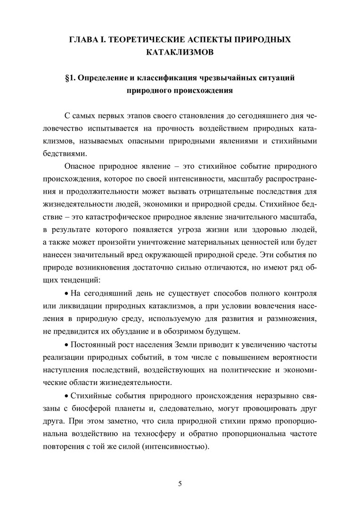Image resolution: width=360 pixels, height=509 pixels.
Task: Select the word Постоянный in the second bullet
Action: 92,345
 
